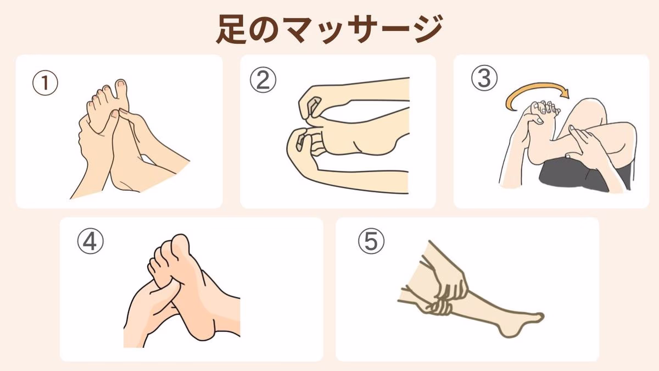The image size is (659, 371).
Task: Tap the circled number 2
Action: pos(263,80)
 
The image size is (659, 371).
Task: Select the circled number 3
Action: pos(484,77)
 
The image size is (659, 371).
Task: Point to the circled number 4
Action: pos(90,241)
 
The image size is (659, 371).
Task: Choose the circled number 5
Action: pos(371,241)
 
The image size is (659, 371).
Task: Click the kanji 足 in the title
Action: pos(232,30)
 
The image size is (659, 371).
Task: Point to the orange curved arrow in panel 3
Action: pos(535,89)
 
